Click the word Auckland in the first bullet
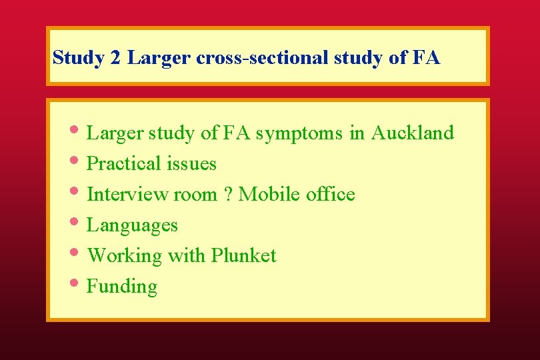click(412, 133)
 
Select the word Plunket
click(243, 255)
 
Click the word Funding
click(122, 287)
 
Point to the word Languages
click(132, 225)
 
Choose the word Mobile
click(269, 194)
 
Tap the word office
click(330, 194)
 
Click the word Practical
click(124, 163)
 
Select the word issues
click(192, 163)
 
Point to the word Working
click(125, 256)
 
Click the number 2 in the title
click(115, 57)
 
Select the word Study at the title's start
click(78, 57)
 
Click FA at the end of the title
click(426, 57)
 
